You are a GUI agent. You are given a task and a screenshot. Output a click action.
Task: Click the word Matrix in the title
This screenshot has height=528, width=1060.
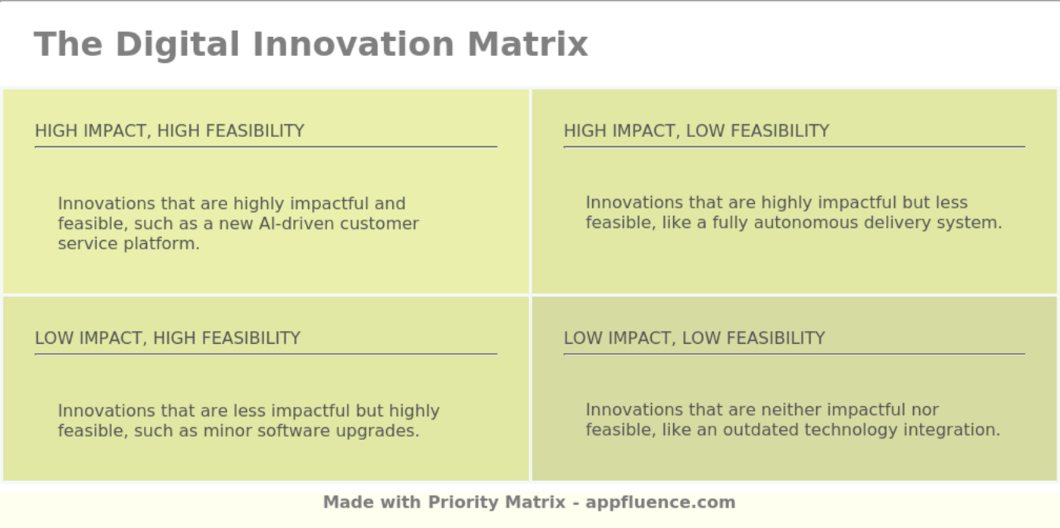[x=527, y=44]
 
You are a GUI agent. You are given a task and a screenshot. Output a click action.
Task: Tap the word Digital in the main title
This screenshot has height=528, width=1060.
[x=177, y=44]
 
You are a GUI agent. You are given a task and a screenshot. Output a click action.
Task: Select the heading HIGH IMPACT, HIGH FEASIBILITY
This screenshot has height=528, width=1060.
[x=170, y=131]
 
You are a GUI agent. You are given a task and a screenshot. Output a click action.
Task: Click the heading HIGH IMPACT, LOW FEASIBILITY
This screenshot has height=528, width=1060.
[x=697, y=131]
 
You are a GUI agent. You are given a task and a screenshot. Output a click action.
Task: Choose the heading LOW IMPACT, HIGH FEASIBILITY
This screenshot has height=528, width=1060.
[x=167, y=338]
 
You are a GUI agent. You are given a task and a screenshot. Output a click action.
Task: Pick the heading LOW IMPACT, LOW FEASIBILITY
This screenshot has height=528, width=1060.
[x=694, y=338]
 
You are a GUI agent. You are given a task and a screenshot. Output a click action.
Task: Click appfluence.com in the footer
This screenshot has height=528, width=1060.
[x=660, y=502]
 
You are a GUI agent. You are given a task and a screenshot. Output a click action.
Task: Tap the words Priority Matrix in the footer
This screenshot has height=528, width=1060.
[x=497, y=502]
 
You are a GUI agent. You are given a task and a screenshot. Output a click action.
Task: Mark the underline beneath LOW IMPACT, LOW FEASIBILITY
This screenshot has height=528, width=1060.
[x=793, y=354]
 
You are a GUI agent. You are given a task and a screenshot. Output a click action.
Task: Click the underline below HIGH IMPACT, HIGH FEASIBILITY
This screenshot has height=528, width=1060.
[x=266, y=147]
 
